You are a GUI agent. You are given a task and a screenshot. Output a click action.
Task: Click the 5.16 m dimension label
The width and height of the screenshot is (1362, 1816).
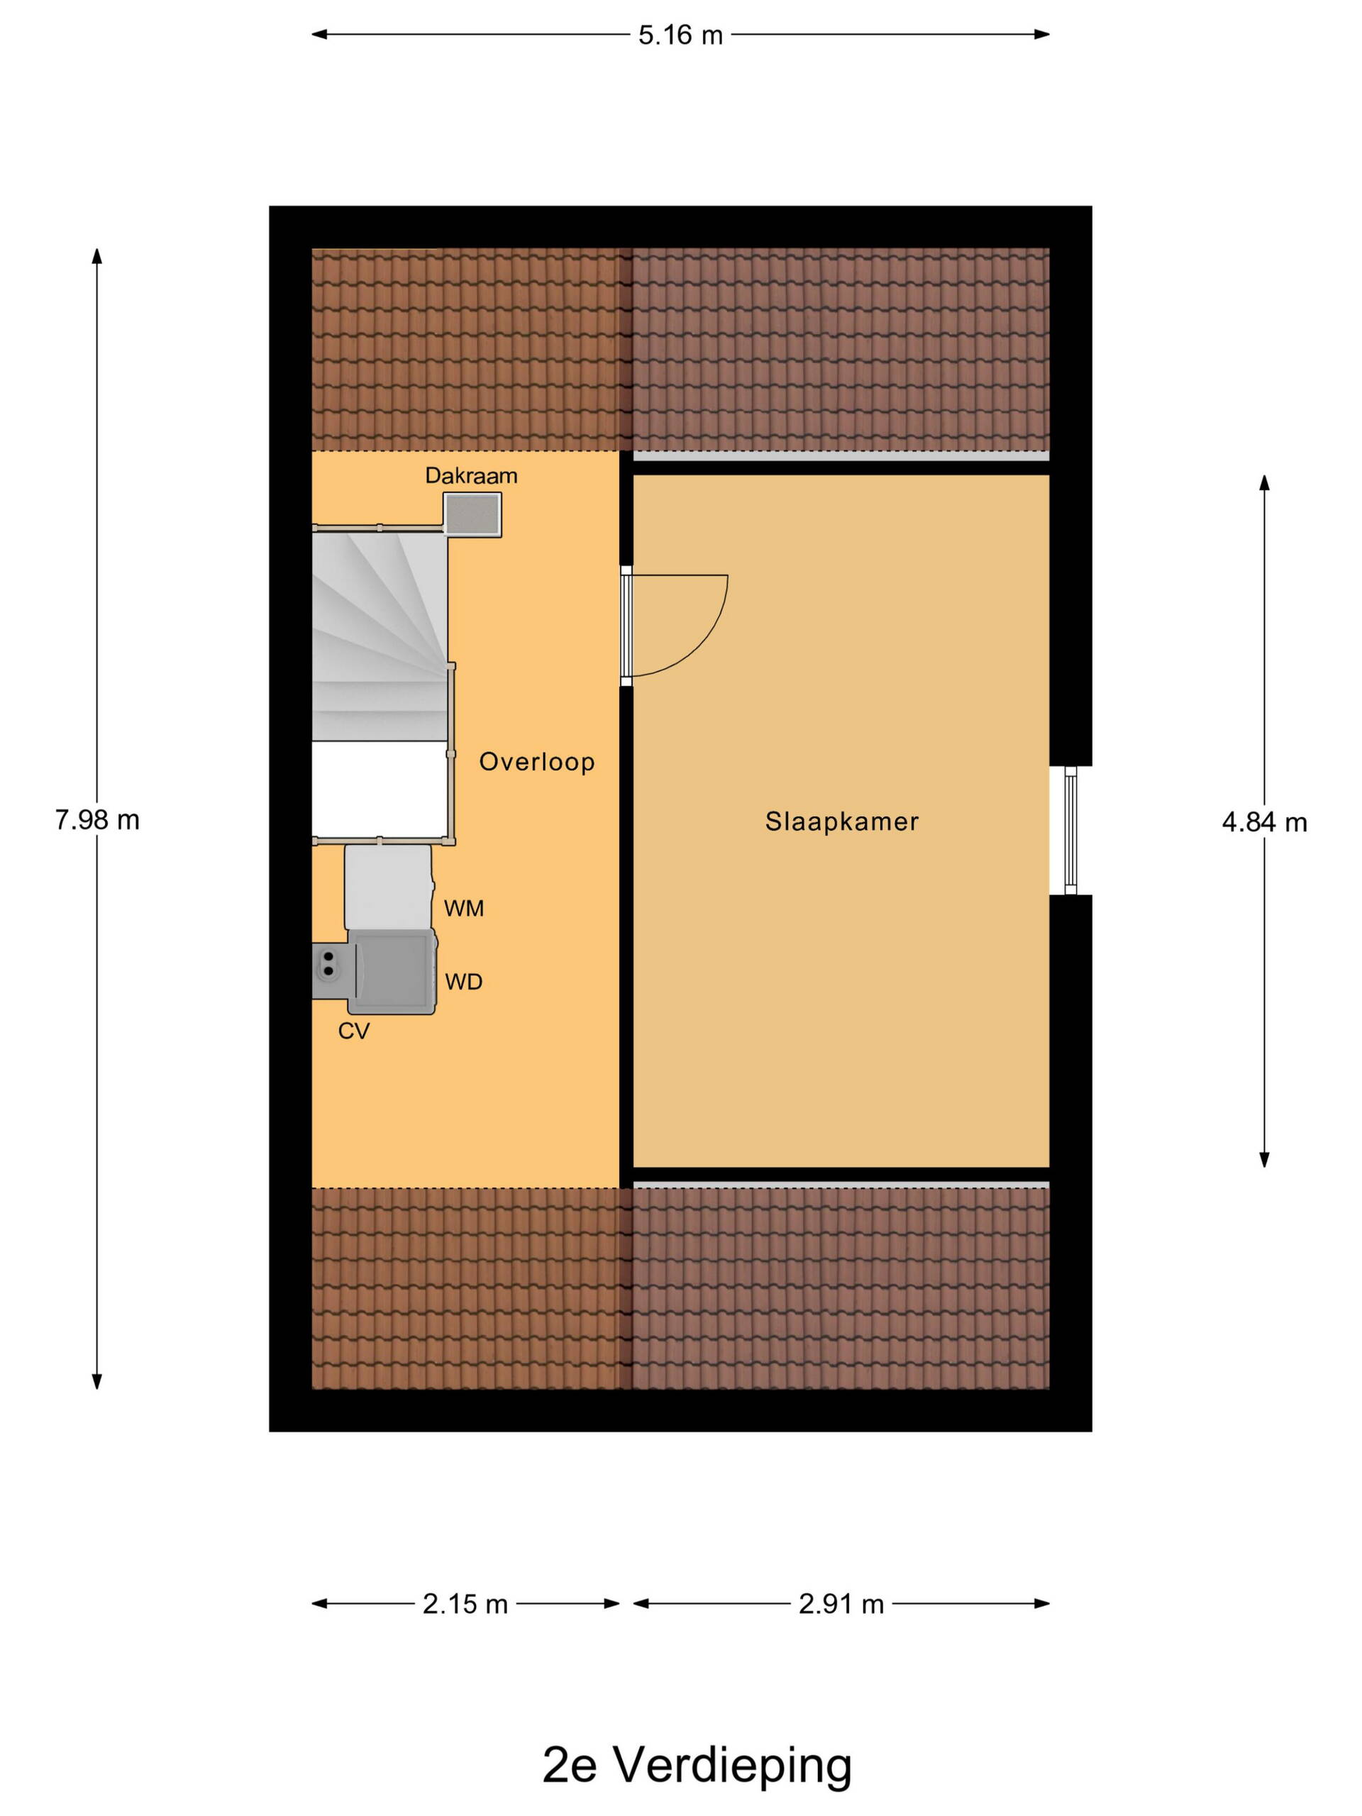pos(680,35)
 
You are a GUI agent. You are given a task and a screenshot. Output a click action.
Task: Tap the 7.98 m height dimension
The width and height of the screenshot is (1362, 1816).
pos(97,819)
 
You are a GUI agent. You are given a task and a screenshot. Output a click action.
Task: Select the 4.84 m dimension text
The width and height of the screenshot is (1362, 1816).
pos(1264,821)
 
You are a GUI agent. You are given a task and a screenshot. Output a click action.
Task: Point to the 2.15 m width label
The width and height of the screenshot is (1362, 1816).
pos(465,1603)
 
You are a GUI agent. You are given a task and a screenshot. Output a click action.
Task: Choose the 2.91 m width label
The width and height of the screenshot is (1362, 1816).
pos(841,1603)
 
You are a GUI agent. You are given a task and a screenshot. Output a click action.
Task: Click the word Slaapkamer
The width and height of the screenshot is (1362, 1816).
pos(842,821)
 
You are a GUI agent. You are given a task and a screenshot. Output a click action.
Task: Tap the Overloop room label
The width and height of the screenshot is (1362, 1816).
pos(537,762)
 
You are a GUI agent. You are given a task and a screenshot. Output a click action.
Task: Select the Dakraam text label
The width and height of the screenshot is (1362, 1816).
pos(471,475)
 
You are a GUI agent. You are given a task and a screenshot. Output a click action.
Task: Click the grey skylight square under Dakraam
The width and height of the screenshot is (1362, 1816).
pos(472,515)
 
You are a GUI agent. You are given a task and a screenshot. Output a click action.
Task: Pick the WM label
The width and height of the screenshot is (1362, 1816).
pos(464,908)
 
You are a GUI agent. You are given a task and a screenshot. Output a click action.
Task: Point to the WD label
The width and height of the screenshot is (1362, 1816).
pos(464,982)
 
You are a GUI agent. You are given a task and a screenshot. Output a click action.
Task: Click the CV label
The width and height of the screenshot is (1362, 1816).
pos(354,1031)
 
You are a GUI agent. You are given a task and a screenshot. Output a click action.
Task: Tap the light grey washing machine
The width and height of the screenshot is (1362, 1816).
pos(388,887)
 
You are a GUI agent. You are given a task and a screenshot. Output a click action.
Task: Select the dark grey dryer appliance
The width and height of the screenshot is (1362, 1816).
pos(392,972)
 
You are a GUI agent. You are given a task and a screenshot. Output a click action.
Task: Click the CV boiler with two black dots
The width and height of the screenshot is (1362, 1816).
pos(330,970)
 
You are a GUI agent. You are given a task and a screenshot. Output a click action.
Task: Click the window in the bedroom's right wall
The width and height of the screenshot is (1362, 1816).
pos(1070,830)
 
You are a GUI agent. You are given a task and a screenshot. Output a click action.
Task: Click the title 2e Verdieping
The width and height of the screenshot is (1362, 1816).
pos(697,1766)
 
